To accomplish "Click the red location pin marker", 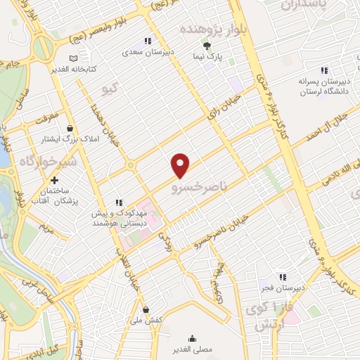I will tap(181, 165).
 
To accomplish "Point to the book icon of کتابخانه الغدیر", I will tap(74, 58).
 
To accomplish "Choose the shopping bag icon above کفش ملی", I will tap(146, 309).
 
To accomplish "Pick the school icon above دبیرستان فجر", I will tap(282, 277).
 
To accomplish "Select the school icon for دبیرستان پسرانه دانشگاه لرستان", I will tap(324, 70).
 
